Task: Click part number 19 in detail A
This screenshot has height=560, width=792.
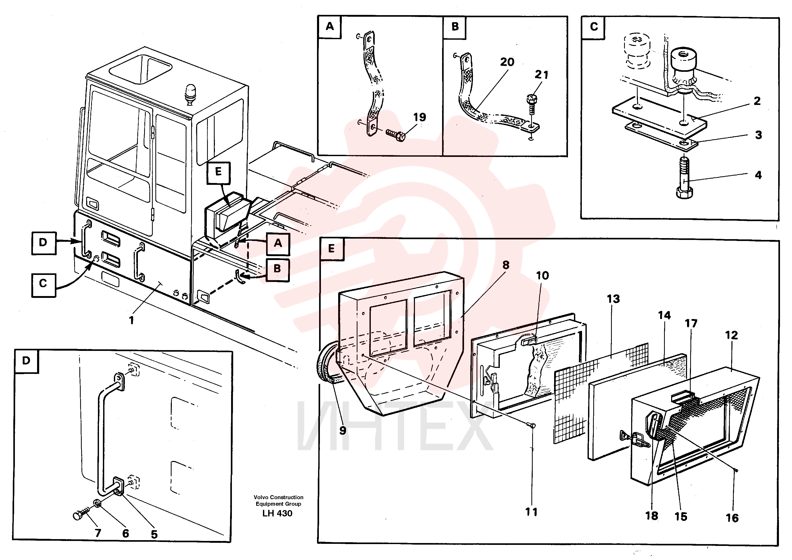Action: coord(419,117)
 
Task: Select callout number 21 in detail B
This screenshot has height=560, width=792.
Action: coord(541,74)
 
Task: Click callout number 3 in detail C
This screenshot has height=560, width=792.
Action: coord(758,135)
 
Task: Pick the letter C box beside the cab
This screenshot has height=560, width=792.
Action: coord(43,285)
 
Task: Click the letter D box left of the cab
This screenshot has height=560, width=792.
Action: coord(43,243)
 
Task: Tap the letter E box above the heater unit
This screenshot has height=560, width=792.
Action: coord(218,172)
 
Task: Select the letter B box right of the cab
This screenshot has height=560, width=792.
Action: coord(277,270)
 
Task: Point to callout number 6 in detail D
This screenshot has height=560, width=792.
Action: coord(126,533)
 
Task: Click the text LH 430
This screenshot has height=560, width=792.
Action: coord(277,514)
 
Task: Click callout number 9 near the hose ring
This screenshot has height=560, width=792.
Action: coord(343,430)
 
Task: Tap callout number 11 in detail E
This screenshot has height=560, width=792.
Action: coord(531,512)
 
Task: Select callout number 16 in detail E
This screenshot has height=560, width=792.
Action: coord(732,518)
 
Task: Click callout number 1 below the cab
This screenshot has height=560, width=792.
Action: coord(131,321)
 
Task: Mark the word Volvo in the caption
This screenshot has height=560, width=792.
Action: coord(261,497)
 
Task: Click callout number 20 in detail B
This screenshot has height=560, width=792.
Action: coord(507,62)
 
